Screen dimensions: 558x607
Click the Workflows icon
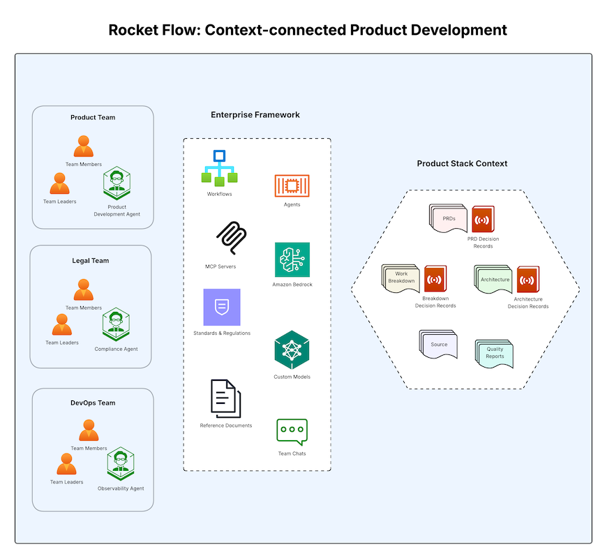[x=220, y=167]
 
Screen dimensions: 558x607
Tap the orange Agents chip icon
[x=292, y=186]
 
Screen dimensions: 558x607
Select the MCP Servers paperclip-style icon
[x=231, y=239]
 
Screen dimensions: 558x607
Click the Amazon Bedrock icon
[x=292, y=259]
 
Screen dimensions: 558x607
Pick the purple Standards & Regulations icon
[x=221, y=307]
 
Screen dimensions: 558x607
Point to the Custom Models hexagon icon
[x=292, y=349]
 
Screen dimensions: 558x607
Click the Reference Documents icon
[x=225, y=398]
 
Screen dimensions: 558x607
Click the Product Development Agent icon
[x=117, y=183]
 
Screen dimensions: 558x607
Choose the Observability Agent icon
[x=120, y=465]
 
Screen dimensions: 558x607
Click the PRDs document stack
[x=448, y=219]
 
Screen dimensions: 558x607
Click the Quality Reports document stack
[x=494, y=354]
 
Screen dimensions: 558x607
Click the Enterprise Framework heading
[x=255, y=114]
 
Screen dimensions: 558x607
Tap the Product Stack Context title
[x=462, y=163]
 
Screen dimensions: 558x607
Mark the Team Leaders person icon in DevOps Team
[x=66, y=464]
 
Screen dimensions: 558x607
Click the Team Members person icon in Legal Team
[x=84, y=289]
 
